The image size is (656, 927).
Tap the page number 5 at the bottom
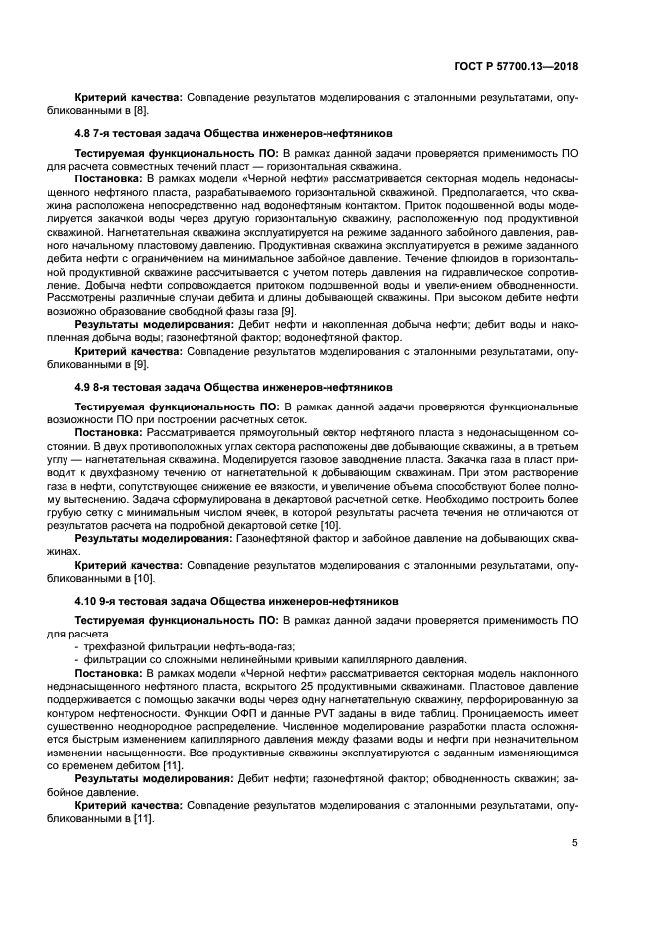tap(574, 843)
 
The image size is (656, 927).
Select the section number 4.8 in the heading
tap(85, 132)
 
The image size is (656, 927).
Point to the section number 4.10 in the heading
tap(88, 601)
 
